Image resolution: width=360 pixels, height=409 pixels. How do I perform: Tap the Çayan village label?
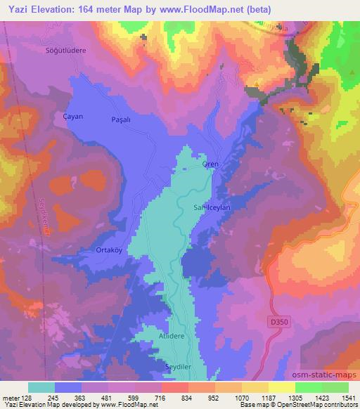[73, 117]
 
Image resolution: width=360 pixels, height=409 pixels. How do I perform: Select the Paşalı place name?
[122, 120]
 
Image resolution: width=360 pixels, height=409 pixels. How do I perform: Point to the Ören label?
[211, 164]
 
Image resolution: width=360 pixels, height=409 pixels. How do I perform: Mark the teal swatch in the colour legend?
[41, 387]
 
